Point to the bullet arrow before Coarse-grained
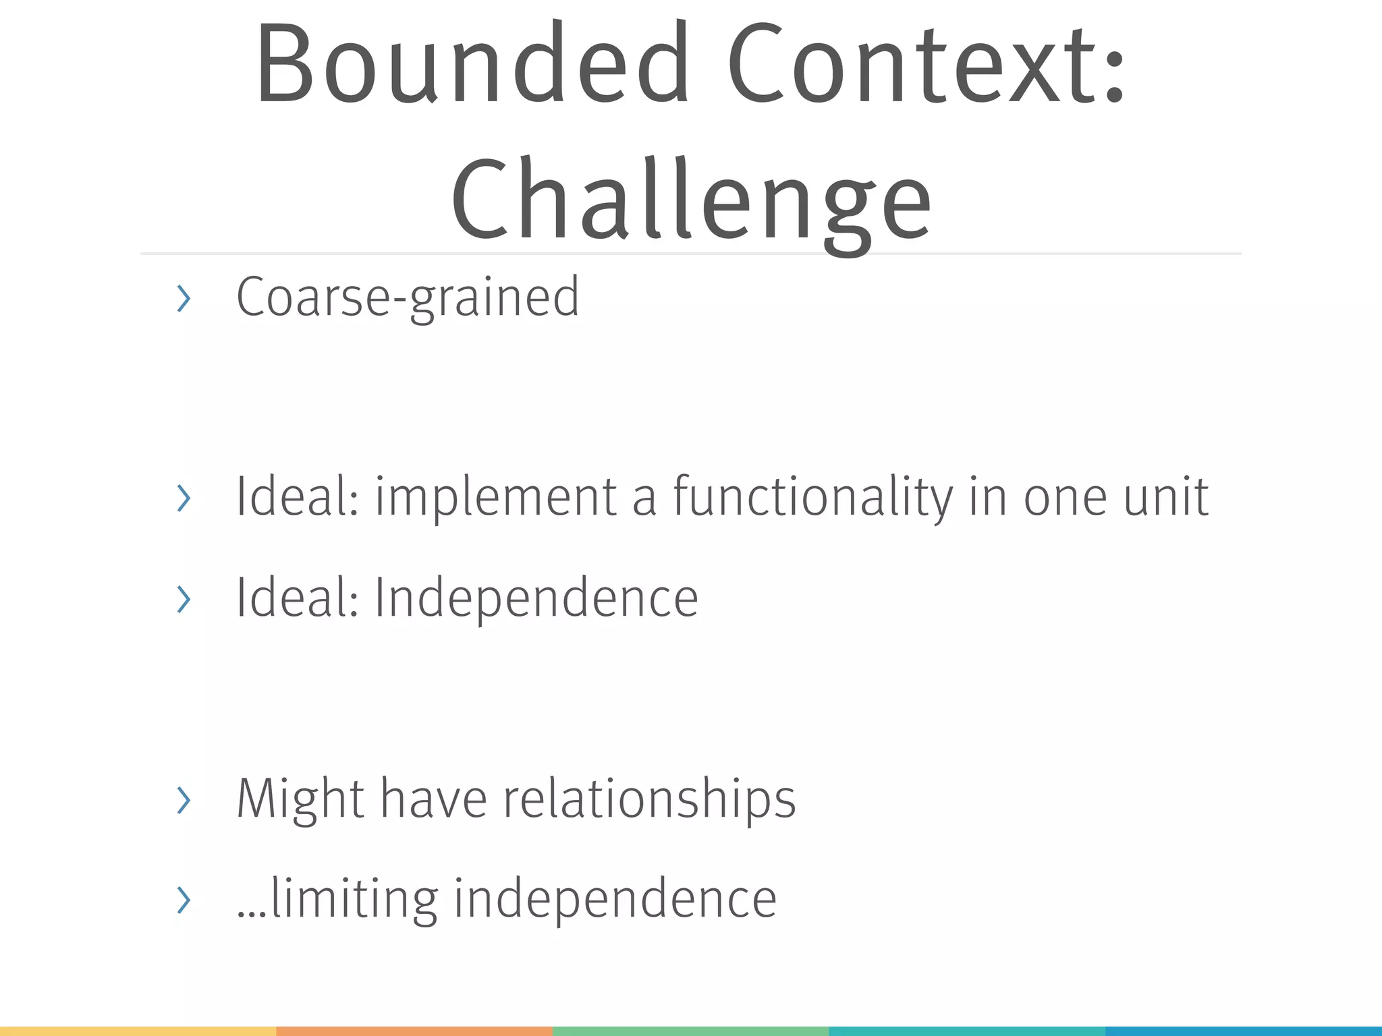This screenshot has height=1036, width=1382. [x=183, y=299]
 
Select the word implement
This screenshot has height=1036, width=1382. [x=495, y=497]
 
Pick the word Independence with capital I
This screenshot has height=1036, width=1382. [x=536, y=598]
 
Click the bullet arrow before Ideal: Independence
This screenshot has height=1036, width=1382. [x=183, y=599]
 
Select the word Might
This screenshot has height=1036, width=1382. [x=300, y=799]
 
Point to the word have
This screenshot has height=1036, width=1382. [x=433, y=799]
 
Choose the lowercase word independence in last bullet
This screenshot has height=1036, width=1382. [x=615, y=899]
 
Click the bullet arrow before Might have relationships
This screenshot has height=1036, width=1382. [x=183, y=800]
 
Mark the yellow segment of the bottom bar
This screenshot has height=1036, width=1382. [x=138, y=1031]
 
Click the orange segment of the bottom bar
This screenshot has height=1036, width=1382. [x=414, y=1031]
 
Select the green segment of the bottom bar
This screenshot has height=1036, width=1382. [x=690, y=1031]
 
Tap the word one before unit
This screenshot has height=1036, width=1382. [x=1065, y=497]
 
